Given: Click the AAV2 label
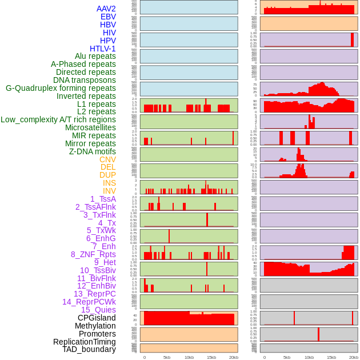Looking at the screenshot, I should tap(106, 9).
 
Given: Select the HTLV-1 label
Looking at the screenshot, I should tap(102, 49).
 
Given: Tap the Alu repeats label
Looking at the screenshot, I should tap(95, 56).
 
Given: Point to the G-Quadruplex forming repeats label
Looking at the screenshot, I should tap(61, 88).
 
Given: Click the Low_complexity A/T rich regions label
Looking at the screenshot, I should tap(58, 119).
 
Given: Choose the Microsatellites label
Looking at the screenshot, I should tap(90, 127).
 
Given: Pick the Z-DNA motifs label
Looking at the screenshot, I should tap(93, 151).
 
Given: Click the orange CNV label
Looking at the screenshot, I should tap(107, 159).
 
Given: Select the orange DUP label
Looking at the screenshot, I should tap(107, 175).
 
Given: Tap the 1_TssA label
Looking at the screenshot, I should tap(103, 199).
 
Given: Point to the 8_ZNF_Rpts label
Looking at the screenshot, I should tap(93, 254).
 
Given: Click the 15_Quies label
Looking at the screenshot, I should tap(98, 310).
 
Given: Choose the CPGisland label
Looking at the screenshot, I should tap(97, 318).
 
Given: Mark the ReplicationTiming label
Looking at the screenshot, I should tap(84, 342).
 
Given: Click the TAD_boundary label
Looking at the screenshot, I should tap(89, 349).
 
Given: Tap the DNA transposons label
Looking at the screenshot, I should tap(85, 80).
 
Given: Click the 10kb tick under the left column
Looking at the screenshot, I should tap(189, 357).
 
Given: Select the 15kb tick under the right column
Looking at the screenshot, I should tap(331, 357).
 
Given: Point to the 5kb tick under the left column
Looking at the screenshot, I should tap(167, 357).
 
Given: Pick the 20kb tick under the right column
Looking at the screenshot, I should tap(354, 357).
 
